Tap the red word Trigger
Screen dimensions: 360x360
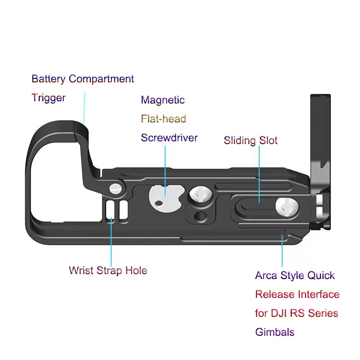pyautogui.click(x=49, y=98)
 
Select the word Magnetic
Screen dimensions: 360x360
pyautogui.click(x=162, y=100)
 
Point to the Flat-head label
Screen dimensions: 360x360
pyautogui.click(x=163, y=119)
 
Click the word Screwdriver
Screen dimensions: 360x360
pyautogui.click(x=169, y=138)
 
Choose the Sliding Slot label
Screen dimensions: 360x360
pyautogui.click(x=251, y=140)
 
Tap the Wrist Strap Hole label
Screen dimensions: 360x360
pyautogui.click(x=108, y=270)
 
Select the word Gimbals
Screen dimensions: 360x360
pyautogui.click(x=274, y=332)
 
